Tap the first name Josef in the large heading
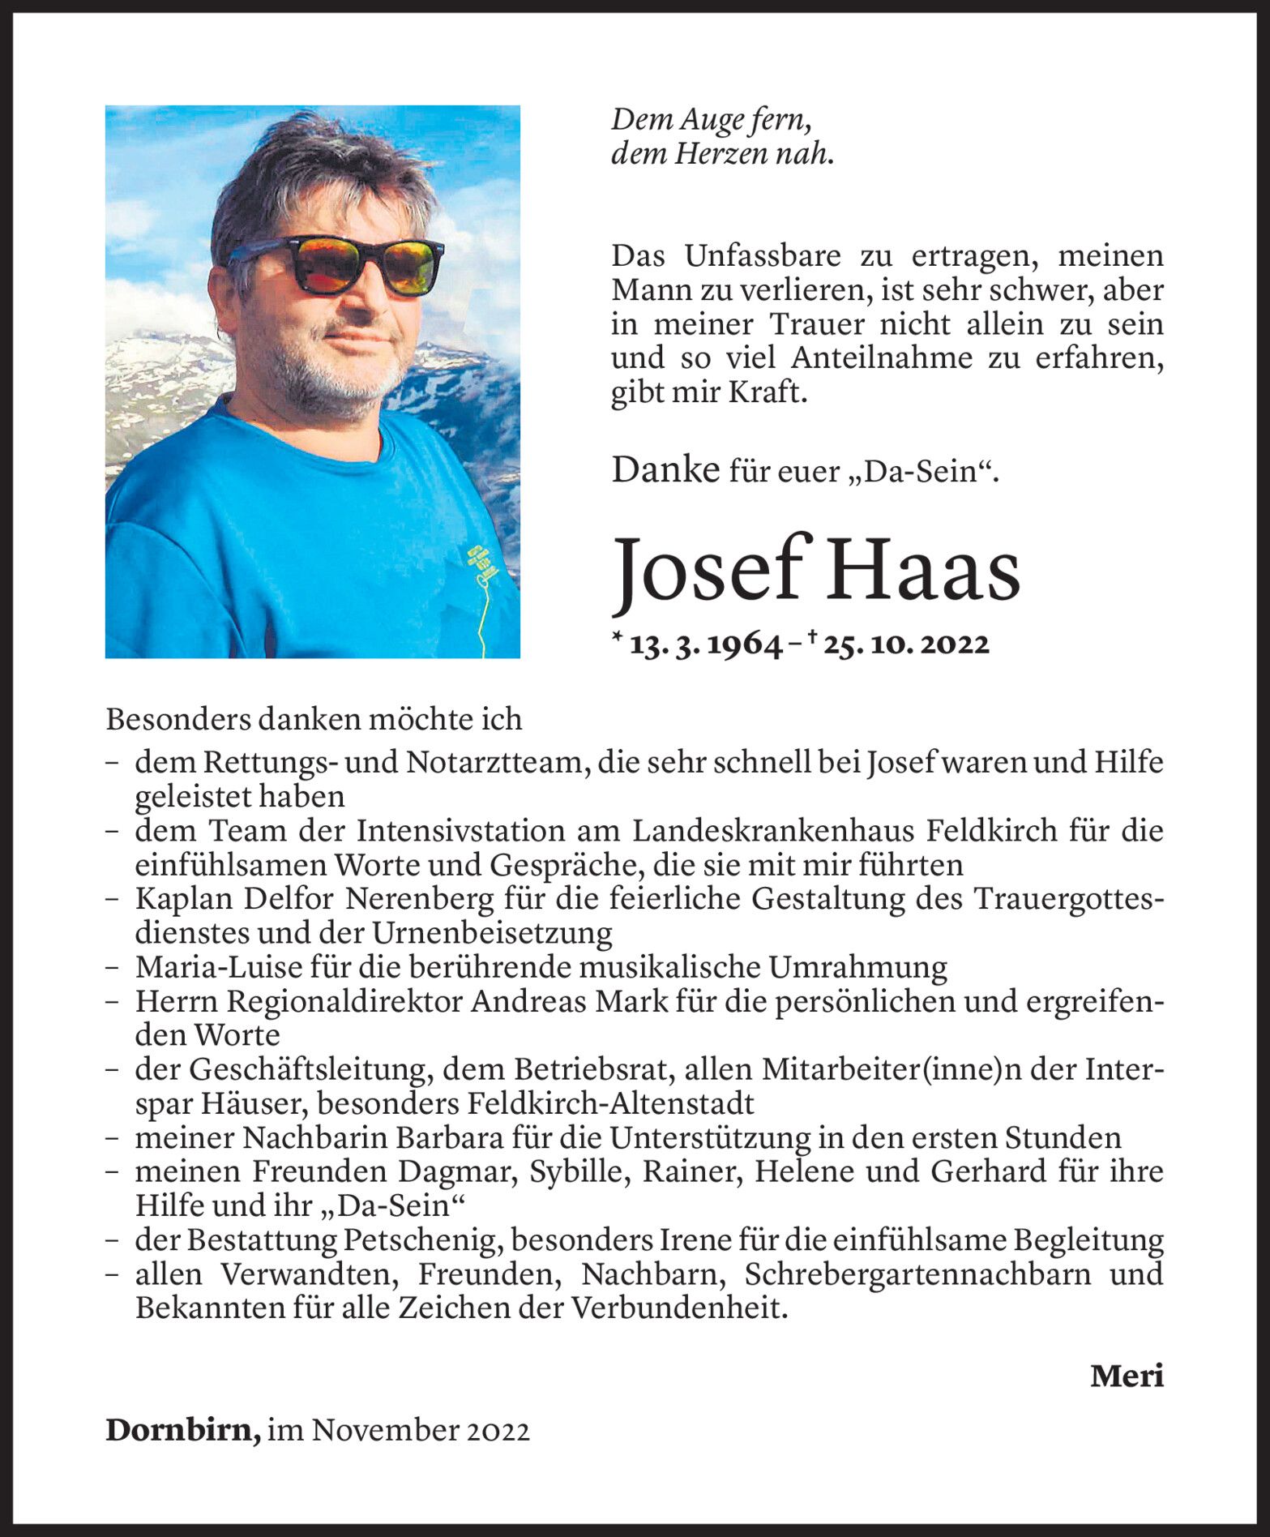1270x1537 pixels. (712, 571)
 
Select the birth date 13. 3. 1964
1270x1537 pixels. (705, 644)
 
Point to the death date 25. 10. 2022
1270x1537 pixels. (906, 644)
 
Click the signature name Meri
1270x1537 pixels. (1127, 1376)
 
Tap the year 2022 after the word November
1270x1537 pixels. (498, 1431)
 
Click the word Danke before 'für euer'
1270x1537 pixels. (665, 470)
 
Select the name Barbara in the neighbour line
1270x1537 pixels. (450, 1138)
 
